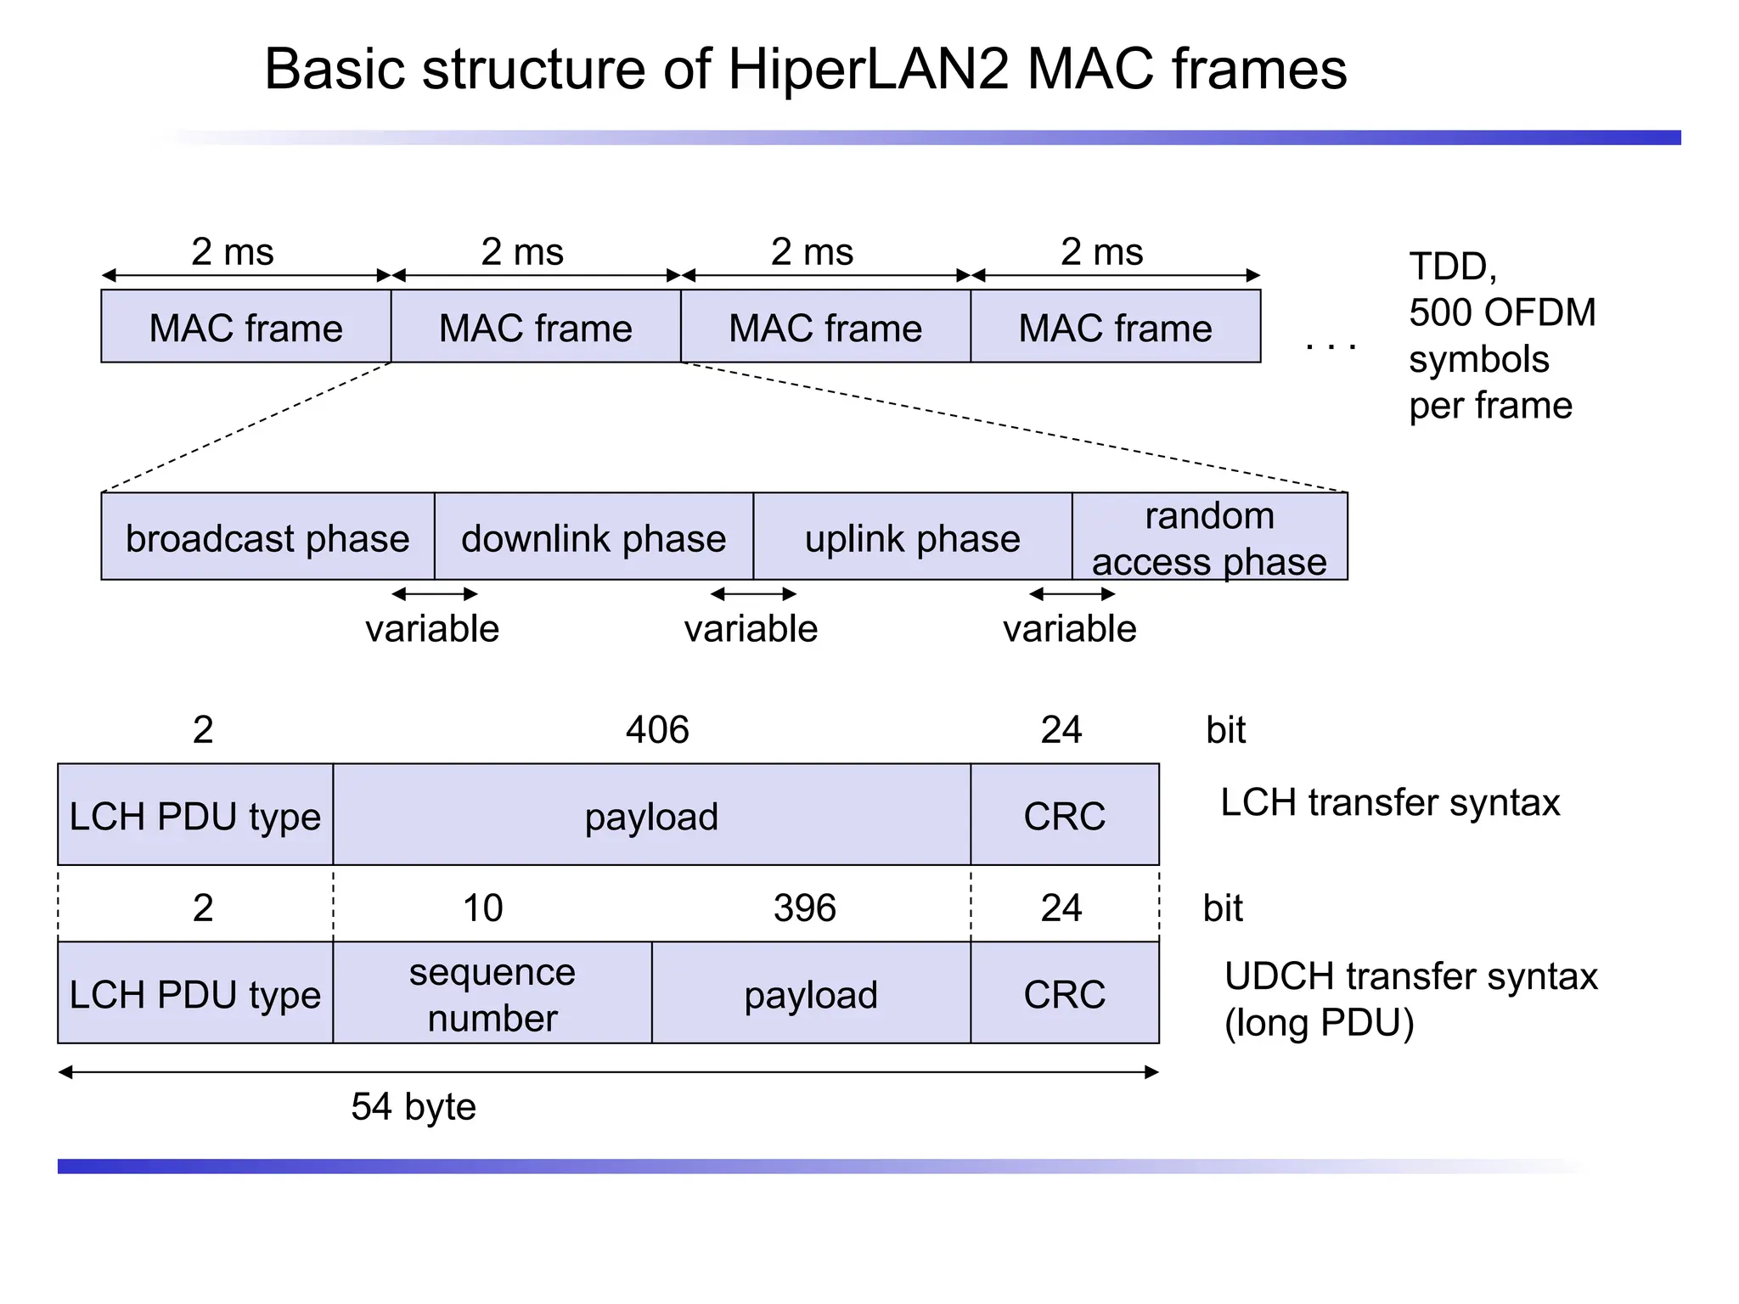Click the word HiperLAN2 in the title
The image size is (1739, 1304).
click(868, 70)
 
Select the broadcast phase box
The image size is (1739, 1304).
click(267, 538)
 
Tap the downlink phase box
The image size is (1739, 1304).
click(594, 538)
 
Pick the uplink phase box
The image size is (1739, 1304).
click(912, 538)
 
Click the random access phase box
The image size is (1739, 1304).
click(1209, 538)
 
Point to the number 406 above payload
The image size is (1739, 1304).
click(657, 730)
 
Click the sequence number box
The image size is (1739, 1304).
click(492, 993)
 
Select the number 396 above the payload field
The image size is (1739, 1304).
click(804, 908)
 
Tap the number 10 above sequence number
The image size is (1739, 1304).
click(482, 908)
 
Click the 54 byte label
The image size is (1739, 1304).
click(414, 1107)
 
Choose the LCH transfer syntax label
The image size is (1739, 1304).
click(1390, 803)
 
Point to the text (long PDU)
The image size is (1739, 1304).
click(1319, 1023)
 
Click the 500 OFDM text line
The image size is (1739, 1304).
click(1502, 312)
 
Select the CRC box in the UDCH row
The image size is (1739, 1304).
click(1064, 993)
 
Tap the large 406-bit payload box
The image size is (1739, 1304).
click(651, 816)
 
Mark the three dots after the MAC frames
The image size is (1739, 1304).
click(1331, 346)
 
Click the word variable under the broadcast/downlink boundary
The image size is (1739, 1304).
click(432, 629)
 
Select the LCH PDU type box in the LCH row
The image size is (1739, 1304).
click(195, 816)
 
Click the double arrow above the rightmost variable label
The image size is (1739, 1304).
click(1072, 594)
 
